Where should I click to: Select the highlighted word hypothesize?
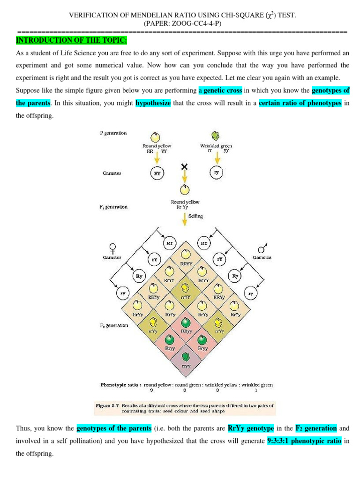pyautogui.click(x=153, y=103)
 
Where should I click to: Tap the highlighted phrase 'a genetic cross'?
pyautogui.click(x=220, y=90)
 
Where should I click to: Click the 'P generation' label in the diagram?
pyautogui.click(x=113, y=133)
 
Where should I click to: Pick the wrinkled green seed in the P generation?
pyautogui.click(x=215, y=136)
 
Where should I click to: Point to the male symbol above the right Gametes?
pyautogui.click(x=261, y=247)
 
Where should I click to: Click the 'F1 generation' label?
pyautogui.click(x=113, y=207)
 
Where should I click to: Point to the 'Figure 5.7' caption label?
pyautogui.click(x=108, y=405)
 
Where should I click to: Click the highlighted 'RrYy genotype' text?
pyautogui.click(x=250, y=428)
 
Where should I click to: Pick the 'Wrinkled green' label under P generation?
pyautogui.click(x=216, y=146)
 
